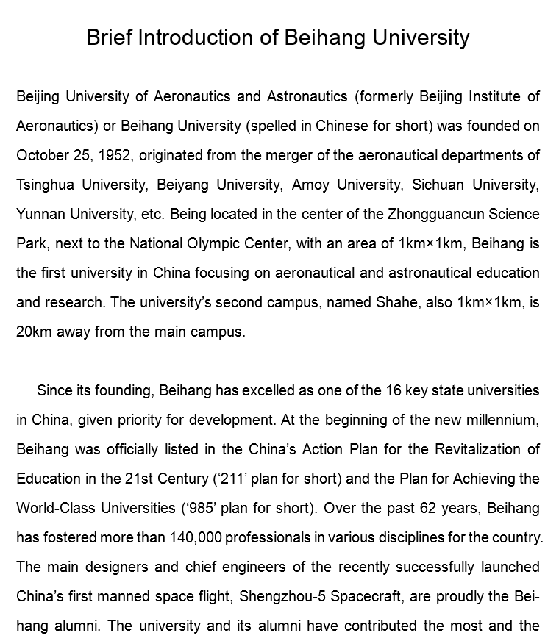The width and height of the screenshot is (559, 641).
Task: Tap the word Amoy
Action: (310, 185)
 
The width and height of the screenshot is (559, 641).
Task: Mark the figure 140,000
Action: (190, 537)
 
